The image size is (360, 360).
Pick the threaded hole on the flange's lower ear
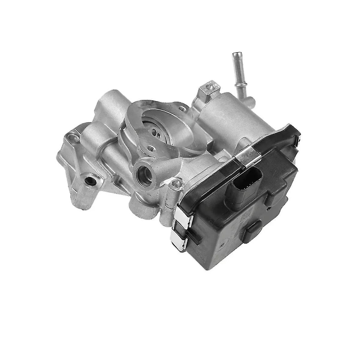(149, 148)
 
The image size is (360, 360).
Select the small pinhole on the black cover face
(269, 206)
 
